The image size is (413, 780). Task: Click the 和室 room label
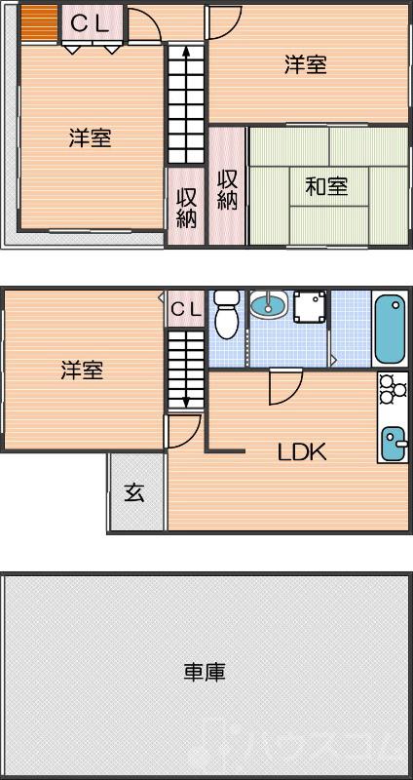pos(326,185)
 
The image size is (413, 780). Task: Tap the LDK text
pos(302,451)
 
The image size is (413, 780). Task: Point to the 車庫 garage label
pos(206,672)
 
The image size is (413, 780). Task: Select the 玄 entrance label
pos(134,492)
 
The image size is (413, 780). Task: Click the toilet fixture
pos(226,313)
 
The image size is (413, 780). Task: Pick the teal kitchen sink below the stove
pos(394,443)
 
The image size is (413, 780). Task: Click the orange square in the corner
pos(39,23)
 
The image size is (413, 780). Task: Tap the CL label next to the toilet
pos(185,310)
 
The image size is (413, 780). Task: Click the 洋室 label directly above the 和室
pos(305,65)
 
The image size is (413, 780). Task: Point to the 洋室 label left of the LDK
pos(82,370)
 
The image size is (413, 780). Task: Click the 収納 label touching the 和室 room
pos(228,190)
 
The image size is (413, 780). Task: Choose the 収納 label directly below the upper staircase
pos(186,207)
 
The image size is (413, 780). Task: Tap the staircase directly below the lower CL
pos(184,370)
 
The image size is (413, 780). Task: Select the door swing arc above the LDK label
pos(283,388)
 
